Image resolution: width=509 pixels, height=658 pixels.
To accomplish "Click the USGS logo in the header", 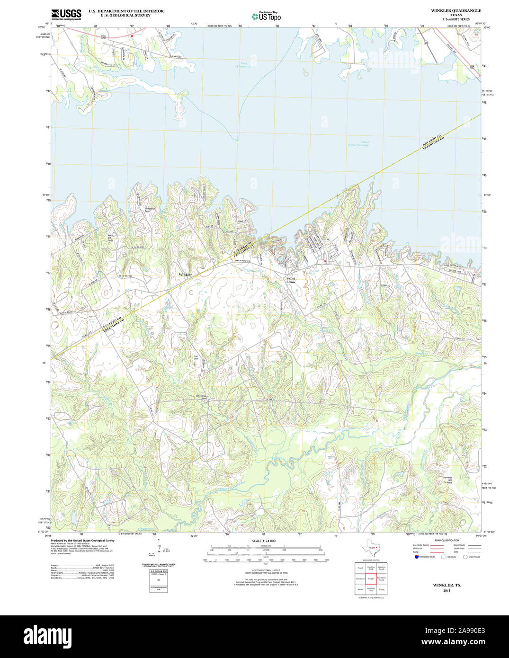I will point(66,14).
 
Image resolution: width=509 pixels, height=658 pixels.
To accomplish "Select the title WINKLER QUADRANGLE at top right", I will point(455,10).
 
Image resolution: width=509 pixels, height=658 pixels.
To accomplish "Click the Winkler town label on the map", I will point(185,275).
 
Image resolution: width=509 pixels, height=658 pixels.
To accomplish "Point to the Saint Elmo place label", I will point(290,280).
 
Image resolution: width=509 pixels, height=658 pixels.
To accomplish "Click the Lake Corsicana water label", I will point(244,65).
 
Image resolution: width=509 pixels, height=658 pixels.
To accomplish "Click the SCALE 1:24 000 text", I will point(264,541).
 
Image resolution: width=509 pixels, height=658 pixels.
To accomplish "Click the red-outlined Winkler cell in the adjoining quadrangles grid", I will point(371,578).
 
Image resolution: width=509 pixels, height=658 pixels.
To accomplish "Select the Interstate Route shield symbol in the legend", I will point(416,557).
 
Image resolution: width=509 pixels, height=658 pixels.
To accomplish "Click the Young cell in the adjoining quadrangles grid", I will point(382,590).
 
